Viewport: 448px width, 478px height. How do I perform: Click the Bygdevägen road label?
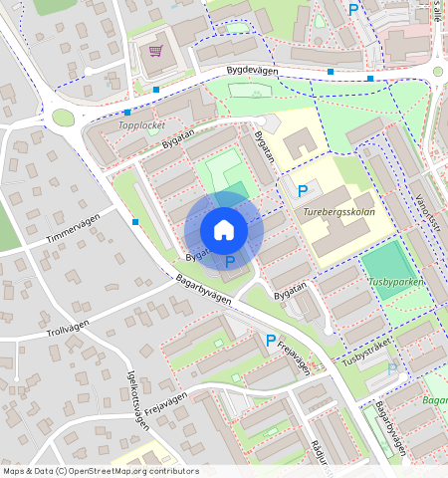pos(252,72)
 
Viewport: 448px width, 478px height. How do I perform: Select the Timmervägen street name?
pos(74,233)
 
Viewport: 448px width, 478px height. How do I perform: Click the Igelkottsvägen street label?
pos(138,395)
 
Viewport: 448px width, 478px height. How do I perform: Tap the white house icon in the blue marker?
pos(224,230)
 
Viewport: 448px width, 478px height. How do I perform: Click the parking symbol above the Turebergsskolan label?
pos(303,190)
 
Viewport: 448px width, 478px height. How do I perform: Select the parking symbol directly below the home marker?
pos(230,262)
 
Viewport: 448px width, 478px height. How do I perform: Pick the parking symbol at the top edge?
pos(353,9)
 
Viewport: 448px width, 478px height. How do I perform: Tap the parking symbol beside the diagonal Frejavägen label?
pos(270,341)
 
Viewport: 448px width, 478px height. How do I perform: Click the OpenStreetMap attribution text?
pos(101,471)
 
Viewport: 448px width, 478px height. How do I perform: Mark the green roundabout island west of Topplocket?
pos(63,118)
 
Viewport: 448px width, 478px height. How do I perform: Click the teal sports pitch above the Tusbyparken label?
pos(385,262)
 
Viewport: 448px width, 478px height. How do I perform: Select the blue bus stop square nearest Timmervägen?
pos(135,221)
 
